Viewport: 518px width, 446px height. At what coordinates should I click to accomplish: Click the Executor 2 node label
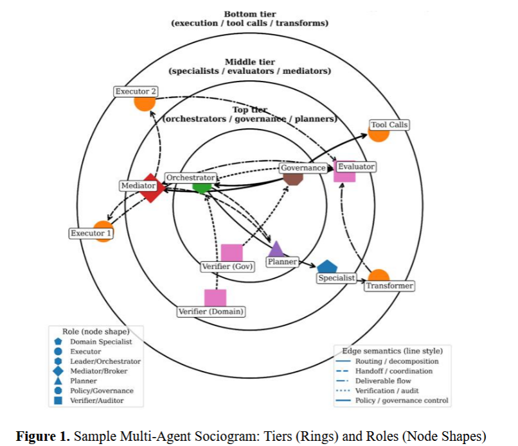pyautogui.click(x=135, y=92)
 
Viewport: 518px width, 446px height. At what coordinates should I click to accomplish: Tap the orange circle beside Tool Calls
pyautogui.click(x=378, y=133)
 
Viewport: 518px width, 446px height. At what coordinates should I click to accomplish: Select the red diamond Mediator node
pyautogui.click(x=151, y=188)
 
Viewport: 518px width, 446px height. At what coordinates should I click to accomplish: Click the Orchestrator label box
pyautogui.click(x=190, y=177)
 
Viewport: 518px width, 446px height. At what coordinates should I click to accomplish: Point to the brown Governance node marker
pyautogui.click(x=294, y=176)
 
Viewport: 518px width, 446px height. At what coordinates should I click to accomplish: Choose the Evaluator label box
pyautogui.click(x=355, y=167)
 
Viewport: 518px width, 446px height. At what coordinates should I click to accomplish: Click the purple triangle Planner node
pyautogui.click(x=276, y=248)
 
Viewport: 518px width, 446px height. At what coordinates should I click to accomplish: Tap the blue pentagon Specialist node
pyautogui.click(x=327, y=266)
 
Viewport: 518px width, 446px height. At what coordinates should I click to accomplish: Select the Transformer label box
pyautogui.click(x=389, y=286)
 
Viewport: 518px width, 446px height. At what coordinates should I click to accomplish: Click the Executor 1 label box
pyautogui.click(x=91, y=233)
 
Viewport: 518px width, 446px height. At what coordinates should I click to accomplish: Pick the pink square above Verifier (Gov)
pyautogui.click(x=231, y=253)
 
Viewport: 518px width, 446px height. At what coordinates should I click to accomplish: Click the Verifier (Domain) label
pyautogui.click(x=211, y=312)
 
